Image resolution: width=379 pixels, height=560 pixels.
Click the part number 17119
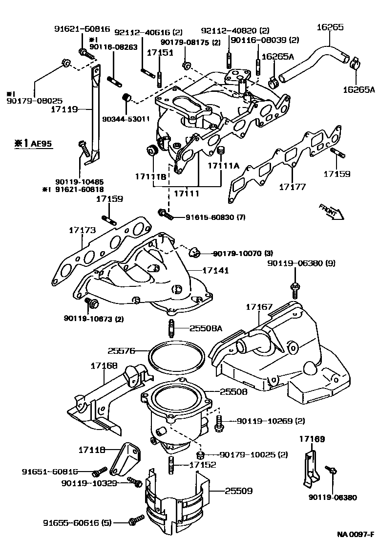[64, 110]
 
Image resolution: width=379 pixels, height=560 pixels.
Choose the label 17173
[82, 230]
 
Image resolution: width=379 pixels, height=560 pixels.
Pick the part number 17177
[293, 186]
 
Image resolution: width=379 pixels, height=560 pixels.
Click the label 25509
[239, 490]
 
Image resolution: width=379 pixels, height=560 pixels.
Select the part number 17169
[312, 439]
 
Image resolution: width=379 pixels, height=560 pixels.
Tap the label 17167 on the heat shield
[259, 306]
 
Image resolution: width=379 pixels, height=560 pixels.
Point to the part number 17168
[104, 366]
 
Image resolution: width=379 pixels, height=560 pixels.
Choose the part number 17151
[160, 52]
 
